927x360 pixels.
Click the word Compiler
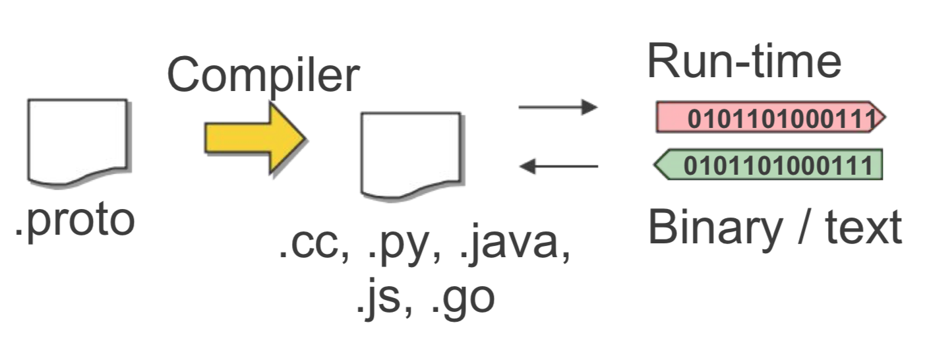262,75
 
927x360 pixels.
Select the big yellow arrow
254,138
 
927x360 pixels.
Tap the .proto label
75,220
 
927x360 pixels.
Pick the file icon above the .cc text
410,154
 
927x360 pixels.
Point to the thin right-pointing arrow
558,107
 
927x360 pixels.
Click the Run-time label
744,61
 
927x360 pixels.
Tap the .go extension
461,299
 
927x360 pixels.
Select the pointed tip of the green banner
657,165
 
